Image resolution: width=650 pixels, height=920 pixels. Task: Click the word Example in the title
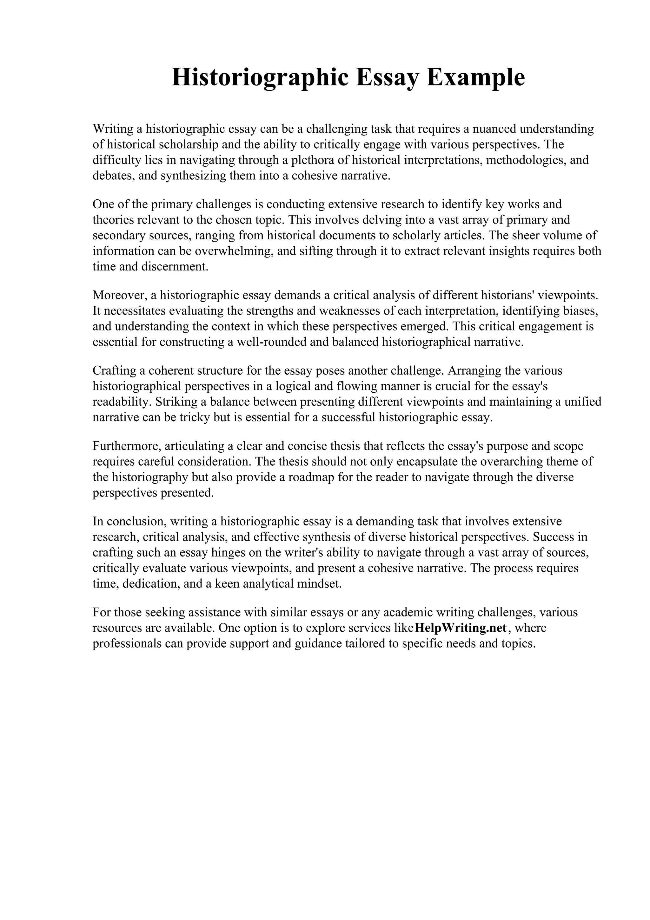point(475,77)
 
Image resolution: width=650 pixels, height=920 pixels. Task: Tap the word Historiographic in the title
point(260,77)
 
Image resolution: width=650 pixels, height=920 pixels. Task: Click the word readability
point(122,402)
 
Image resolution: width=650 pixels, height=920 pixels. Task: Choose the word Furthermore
point(127,446)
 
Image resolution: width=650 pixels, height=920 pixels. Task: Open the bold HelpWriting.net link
point(461,628)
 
